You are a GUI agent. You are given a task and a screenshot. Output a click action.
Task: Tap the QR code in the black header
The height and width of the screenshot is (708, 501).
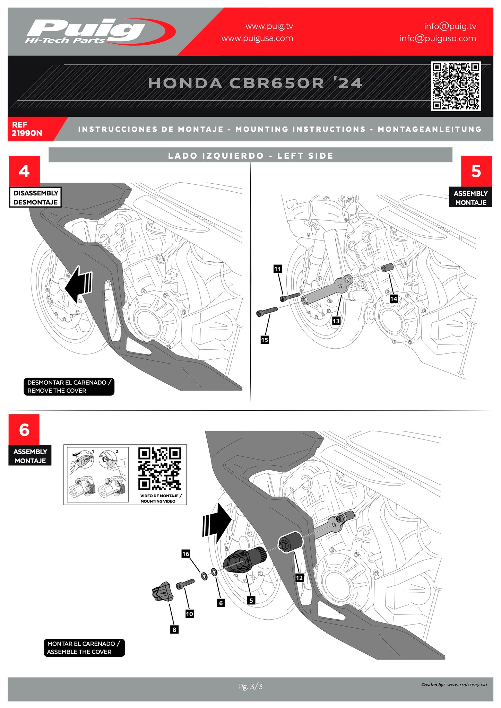click(x=456, y=86)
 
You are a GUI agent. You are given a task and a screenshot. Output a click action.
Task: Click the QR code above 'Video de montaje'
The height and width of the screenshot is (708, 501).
click(x=159, y=469)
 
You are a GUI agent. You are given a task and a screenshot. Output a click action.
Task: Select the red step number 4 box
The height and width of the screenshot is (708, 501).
click(x=24, y=171)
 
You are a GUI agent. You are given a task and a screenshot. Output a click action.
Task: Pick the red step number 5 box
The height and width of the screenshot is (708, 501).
click(x=476, y=171)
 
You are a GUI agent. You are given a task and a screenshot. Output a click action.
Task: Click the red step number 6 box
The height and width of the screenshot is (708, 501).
click(x=24, y=430)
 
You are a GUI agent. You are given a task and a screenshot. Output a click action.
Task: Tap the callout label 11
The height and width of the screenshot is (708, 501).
click(x=277, y=269)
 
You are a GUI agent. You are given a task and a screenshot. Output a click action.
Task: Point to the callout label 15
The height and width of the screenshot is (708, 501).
click(x=265, y=340)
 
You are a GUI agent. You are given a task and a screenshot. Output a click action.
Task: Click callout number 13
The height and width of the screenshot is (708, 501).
click(x=336, y=321)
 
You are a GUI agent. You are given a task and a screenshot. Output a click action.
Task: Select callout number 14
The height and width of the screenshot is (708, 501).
click(x=394, y=299)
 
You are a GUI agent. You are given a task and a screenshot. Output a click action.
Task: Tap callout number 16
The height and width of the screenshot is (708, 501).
click(x=186, y=554)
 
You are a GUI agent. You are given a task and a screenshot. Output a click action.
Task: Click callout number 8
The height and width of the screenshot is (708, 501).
click(x=174, y=630)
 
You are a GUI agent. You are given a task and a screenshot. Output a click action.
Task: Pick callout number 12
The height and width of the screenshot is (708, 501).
click(x=299, y=578)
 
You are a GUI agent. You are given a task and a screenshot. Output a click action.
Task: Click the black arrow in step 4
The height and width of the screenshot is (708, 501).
click(x=79, y=285)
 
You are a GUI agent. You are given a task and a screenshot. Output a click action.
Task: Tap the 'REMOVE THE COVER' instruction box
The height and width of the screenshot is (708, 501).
click(x=69, y=386)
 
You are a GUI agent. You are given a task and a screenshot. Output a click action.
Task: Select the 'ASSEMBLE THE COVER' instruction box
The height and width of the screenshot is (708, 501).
click(x=84, y=648)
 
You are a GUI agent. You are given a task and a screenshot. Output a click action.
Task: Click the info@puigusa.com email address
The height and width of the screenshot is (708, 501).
click(x=438, y=38)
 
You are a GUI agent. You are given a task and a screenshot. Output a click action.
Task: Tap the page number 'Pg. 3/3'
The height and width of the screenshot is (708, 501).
click(x=250, y=686)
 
